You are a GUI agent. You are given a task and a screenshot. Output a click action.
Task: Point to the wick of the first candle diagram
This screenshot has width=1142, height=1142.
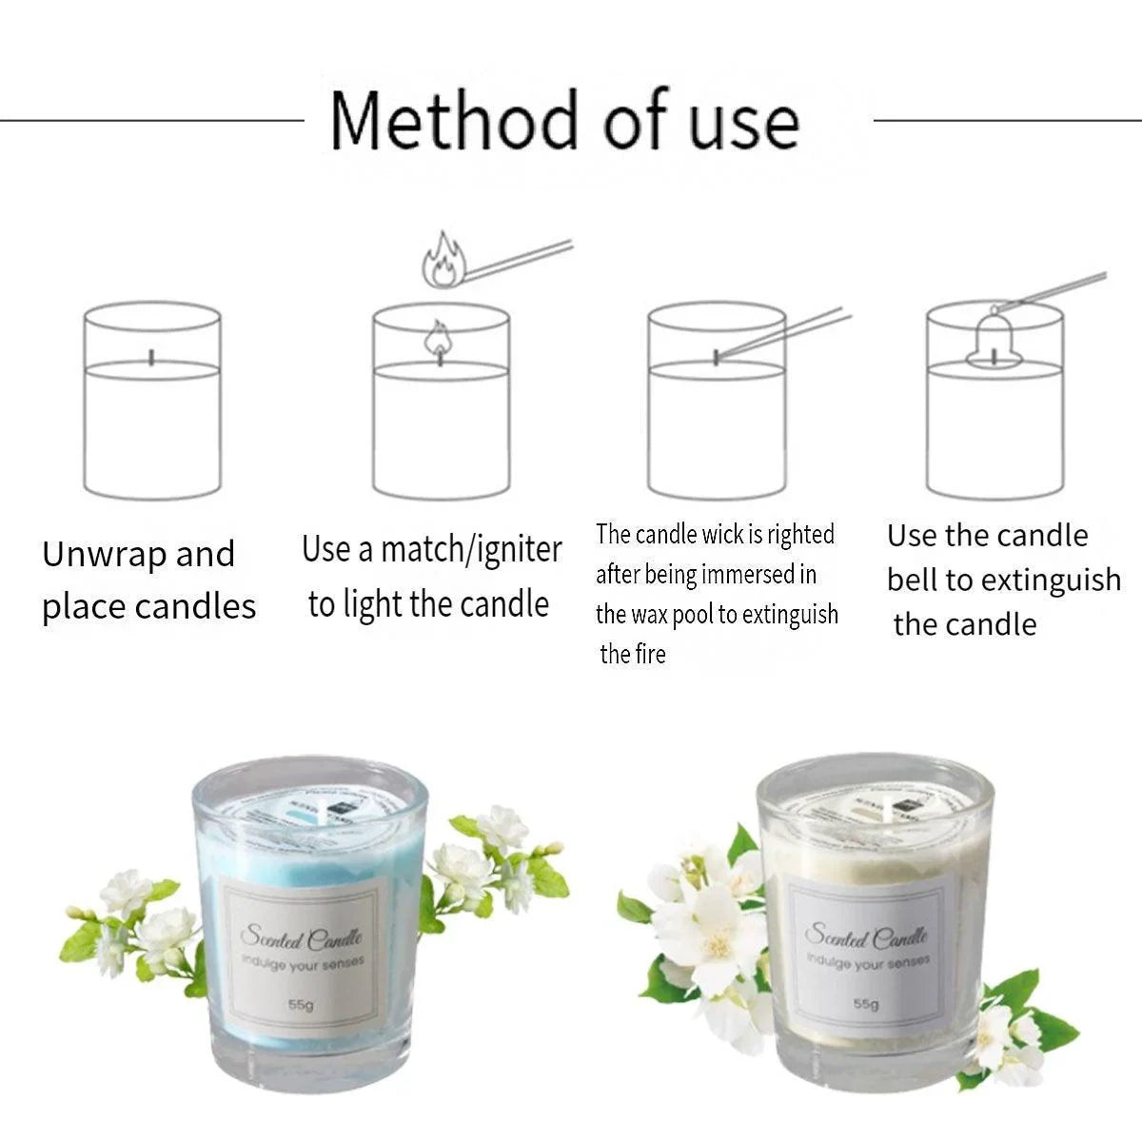pyautogui.click(x=151, y=357)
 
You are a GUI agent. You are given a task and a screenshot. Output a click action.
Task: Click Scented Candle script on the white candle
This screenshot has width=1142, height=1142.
pyautogui.click(x=865, y=935)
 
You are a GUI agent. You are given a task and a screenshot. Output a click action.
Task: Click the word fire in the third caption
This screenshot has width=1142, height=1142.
pyautogui.click(x=648, y=655)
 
